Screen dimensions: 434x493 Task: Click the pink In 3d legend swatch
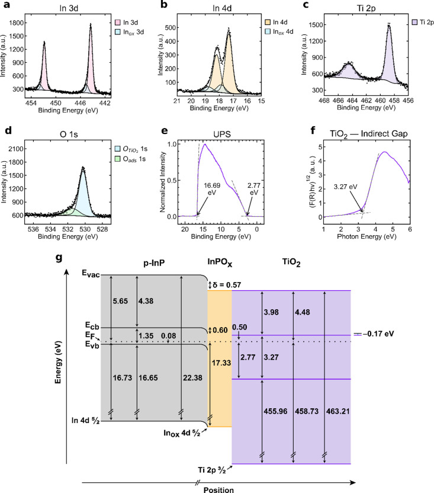[x=118, y=23]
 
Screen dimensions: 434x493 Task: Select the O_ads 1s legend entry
[x=130, y=159]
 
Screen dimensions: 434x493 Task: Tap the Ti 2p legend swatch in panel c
[x=414, y=22]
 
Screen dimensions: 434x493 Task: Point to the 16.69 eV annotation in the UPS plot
[x=212, y=189]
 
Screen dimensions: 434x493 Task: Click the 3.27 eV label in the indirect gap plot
[x=345, y=187]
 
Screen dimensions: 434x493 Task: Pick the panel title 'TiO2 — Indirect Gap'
[x=369, y=134]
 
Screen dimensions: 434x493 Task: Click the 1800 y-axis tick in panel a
[x=16, y=23]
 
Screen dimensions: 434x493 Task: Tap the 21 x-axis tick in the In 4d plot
[x=177, y=101]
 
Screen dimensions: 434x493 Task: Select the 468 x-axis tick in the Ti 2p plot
[x=324, y=101]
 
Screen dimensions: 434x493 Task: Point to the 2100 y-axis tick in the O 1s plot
[x=16, y=149]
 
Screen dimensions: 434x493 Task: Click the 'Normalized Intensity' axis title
[x=163, y=182]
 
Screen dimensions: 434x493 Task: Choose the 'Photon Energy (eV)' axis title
[x=367, y=236]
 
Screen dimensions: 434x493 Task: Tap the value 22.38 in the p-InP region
[x=192, y=377]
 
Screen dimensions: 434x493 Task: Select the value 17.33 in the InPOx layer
[x=221, y=363]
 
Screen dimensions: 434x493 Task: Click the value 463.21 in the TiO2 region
[x=338, y=411]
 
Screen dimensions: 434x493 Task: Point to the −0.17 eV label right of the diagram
[x=378, y=334]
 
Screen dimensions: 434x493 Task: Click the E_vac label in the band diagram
[x=91, y=274]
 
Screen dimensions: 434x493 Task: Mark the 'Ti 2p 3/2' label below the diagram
[x=211, y=470]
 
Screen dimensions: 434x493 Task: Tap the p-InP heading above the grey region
[x=154, y=263]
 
